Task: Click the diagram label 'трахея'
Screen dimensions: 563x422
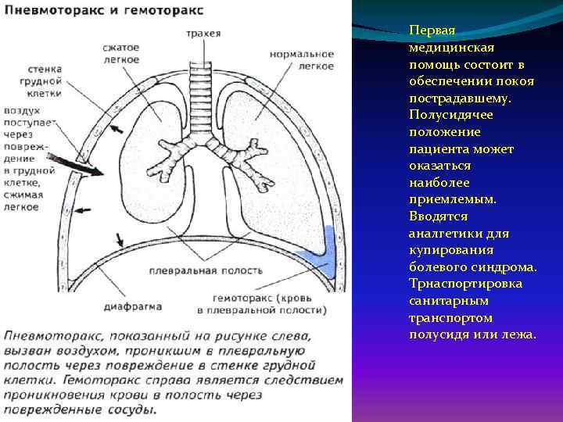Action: (x=203, y=34)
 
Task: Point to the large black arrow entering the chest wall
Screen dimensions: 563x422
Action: (x=75, y=165)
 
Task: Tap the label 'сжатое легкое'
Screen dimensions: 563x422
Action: (x=120, y=53)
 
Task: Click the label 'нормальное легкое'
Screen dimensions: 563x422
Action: (x=301, y=60)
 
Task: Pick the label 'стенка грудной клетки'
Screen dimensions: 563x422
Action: (x=26, y=80)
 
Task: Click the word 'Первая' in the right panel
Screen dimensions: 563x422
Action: (x=431, y=31)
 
